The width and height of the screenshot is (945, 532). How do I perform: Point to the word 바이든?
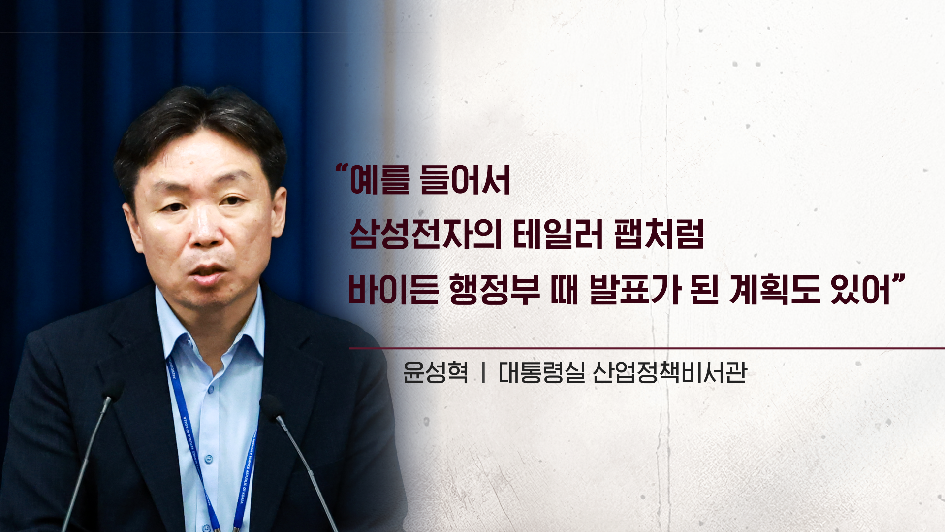tap(393, 289)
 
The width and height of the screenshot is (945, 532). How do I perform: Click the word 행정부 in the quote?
tap(495, 289)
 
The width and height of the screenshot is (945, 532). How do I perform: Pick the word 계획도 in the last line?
tap(775, 289)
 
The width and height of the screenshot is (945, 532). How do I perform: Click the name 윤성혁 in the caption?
tap(436, 372)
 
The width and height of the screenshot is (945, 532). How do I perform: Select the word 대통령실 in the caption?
tap(542, 372)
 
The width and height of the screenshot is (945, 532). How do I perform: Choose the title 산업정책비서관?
tap(670, 372)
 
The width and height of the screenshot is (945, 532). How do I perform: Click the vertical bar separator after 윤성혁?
tap(483, 372)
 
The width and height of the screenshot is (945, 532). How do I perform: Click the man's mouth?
tap(209, 272)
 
